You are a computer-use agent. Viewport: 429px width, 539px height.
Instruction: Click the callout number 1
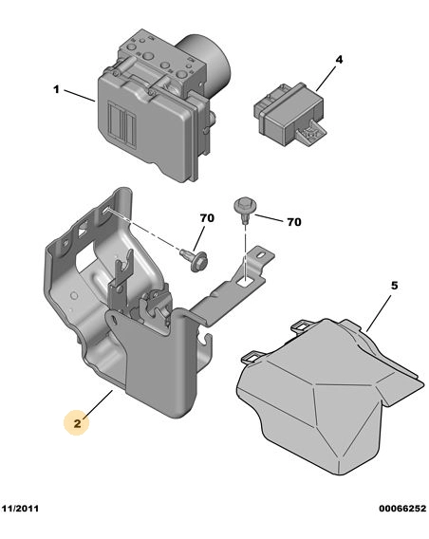click(56, 90)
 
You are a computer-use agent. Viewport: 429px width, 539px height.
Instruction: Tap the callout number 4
click(339, 60)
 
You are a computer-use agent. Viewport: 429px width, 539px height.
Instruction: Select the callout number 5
click(394, 286)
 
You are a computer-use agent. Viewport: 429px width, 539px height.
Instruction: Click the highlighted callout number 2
click(77, 423)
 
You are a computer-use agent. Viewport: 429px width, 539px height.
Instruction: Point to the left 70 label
click(207, 218)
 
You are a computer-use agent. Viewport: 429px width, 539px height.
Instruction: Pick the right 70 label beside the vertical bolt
click(294, 222)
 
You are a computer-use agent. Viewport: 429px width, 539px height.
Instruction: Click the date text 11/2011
click(20, 508)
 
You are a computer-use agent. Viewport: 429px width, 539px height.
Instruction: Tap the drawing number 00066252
click(402, 508)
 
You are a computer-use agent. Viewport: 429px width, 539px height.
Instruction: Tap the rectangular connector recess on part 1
click(122, 121)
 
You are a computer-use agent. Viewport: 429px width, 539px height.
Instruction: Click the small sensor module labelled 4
click(289, 115)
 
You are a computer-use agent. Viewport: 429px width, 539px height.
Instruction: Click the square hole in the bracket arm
click(245, 282)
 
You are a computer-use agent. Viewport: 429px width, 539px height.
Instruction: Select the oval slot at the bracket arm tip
click(262, 254)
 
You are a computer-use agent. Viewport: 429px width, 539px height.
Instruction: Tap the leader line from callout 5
click(379, 313)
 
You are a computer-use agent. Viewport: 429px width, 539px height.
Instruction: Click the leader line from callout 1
click(80, 96)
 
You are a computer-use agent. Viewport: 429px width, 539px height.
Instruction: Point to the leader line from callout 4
click(326, 79)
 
